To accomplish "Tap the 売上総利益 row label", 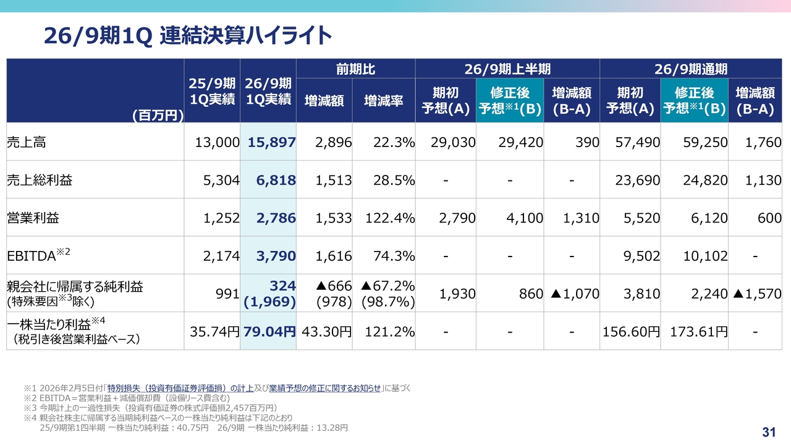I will (40, 180).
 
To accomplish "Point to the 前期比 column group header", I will (355, 69).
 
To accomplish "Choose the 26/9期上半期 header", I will (507, 69).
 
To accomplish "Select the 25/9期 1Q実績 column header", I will (212, 91).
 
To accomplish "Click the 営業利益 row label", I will (33, 218).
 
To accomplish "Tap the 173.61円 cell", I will (698, 331).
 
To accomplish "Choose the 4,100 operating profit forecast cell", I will (522, 218).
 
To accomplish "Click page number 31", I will (769, 431).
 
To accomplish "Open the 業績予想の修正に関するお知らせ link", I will (325, 388).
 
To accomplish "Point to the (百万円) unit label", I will (158, 115).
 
